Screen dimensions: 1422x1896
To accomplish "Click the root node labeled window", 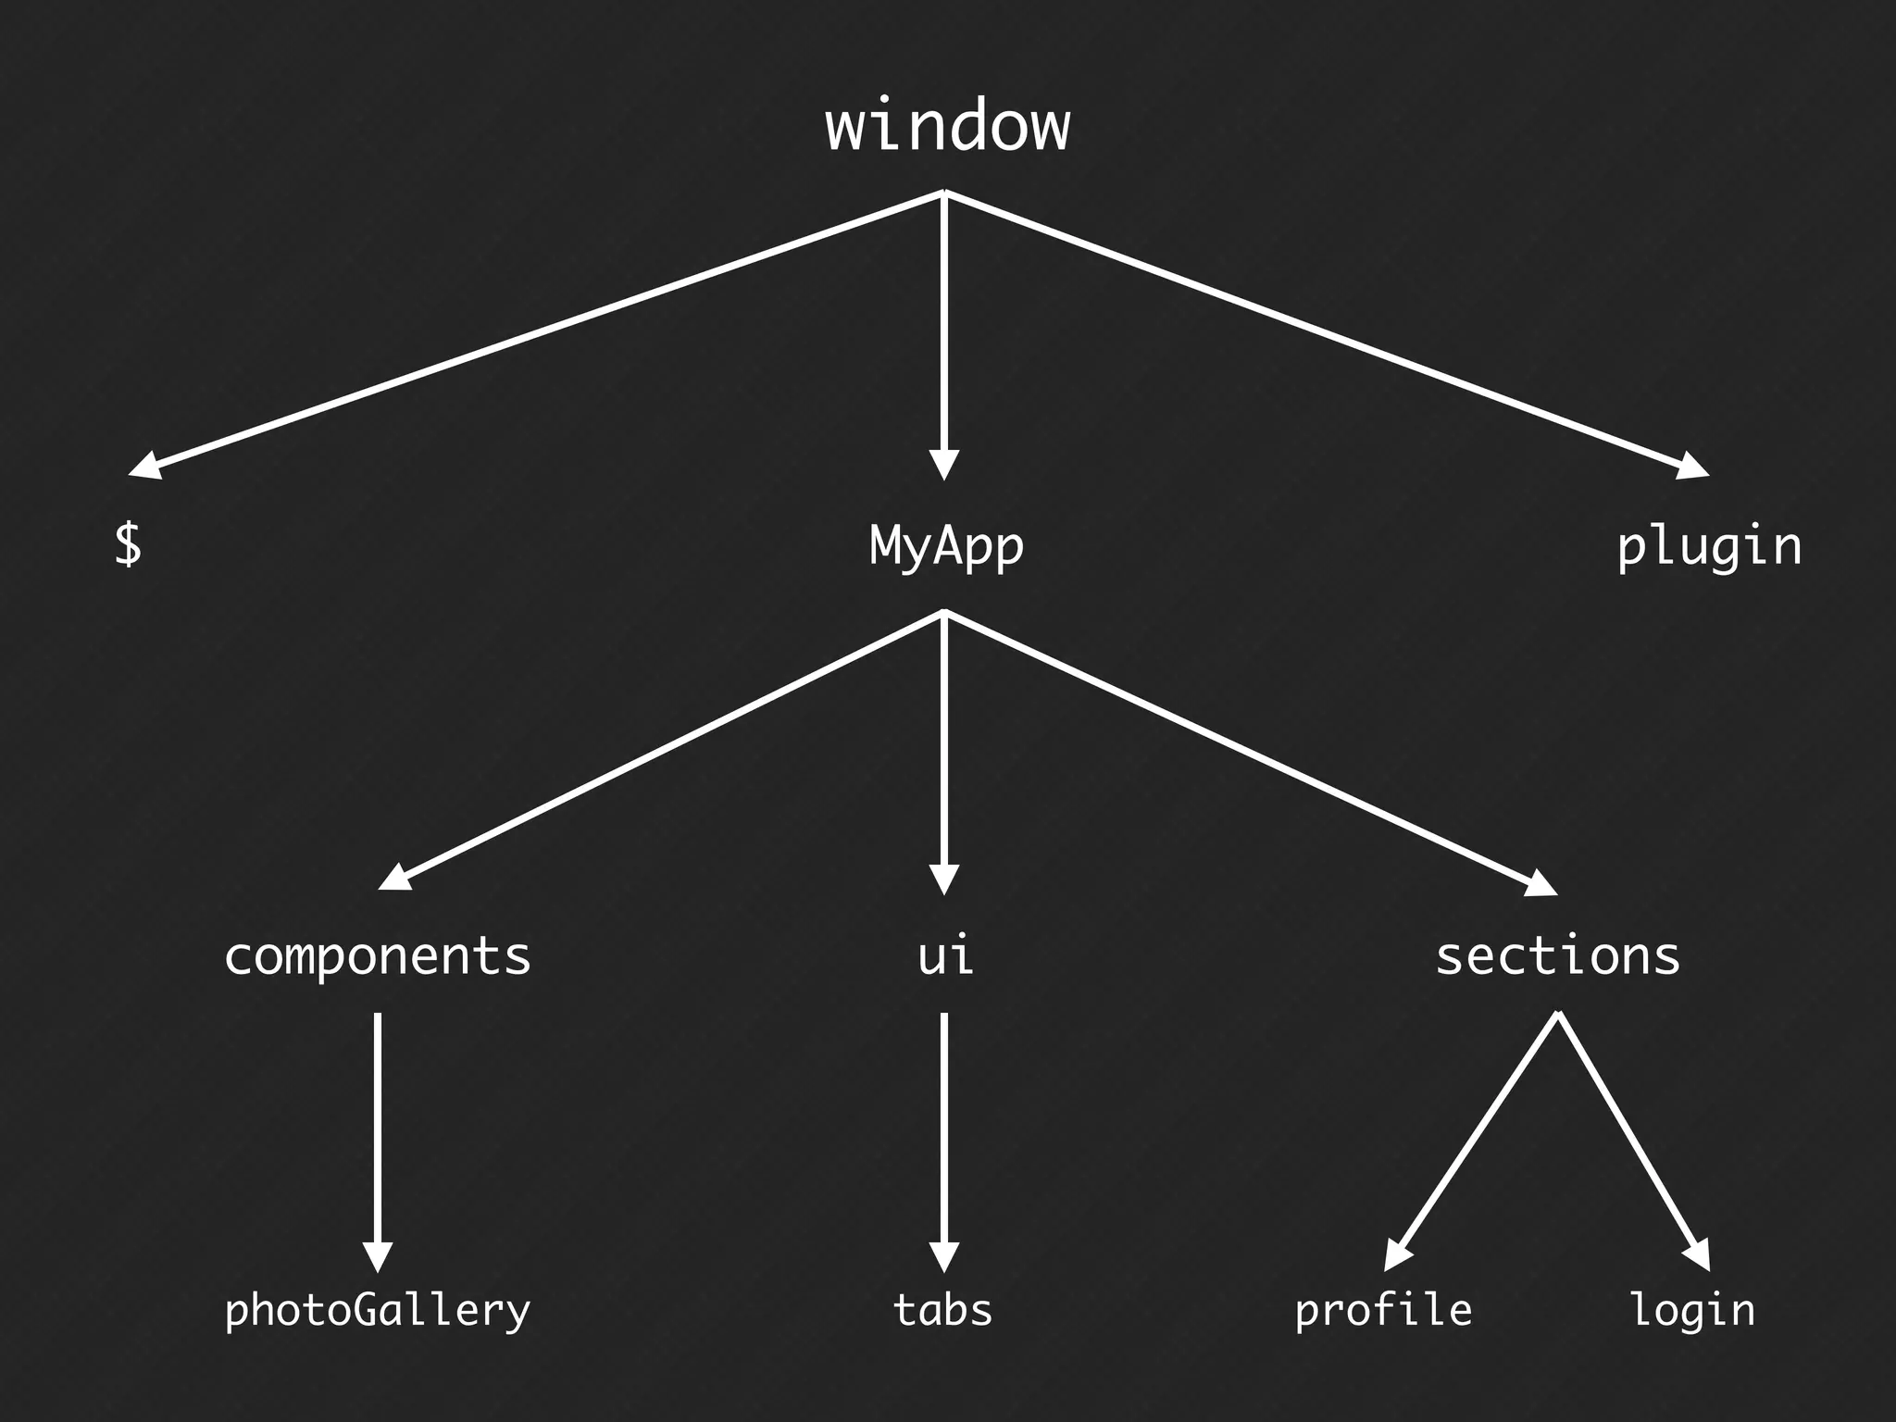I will pos(947,127).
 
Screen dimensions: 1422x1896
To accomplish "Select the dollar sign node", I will pos(128,543).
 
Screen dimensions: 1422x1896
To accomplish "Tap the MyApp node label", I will pos(946,546).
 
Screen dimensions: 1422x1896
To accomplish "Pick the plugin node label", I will pos(1709,547).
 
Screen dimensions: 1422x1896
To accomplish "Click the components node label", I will pos(378,957).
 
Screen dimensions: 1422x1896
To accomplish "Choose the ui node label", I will pos(944,956).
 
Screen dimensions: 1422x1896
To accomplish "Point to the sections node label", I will pos(1557,956).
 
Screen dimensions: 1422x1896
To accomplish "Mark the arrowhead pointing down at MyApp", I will pos(943,464).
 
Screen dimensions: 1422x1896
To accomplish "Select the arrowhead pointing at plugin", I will pos(1691,467).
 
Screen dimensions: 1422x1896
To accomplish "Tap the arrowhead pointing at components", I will pos(396,878).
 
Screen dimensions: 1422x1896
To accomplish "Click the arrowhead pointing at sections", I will pos(1540,884).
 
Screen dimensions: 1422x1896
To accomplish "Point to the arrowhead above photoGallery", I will pos(378,1256).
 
